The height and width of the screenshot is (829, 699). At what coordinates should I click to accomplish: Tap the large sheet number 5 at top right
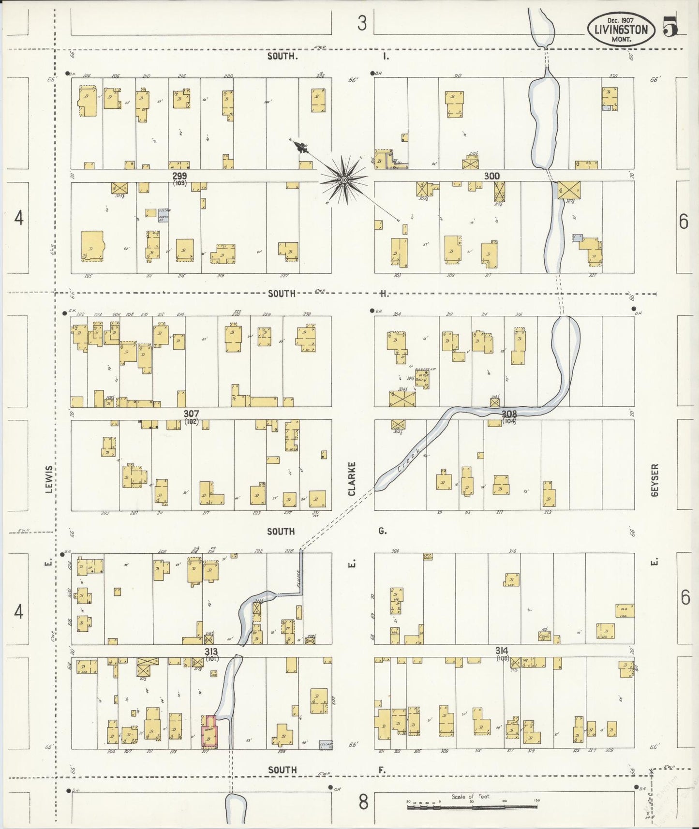pyautogui.click(x=669, y=27)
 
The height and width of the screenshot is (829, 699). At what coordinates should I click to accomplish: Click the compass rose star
pyautogui.click(x=344, y=180)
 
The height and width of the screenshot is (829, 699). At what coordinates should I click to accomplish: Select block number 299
pyautogui.click(x=179, y=176)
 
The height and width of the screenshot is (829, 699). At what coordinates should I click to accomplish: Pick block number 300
pyautogui.click(x=491, y=176)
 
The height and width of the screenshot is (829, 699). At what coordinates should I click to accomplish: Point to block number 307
pyautogui.click(x=191, y=414)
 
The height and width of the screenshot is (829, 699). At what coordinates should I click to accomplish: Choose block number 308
pyautogui.click(x=509, y=414)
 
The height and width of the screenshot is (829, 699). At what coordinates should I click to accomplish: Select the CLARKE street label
pyautogui.click(x=352, y=478)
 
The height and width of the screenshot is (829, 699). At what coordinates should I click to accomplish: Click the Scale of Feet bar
pyautogui.click(x=472, y=807)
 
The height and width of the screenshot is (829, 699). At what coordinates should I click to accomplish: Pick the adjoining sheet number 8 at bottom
pyautogui.click(x=363, y=802)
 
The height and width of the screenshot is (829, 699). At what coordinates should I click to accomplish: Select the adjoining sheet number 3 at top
pyautogui.click(x=362, y=23)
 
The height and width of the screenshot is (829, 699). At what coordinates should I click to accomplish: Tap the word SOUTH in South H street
pyautogui.click(x=282, y=294)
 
